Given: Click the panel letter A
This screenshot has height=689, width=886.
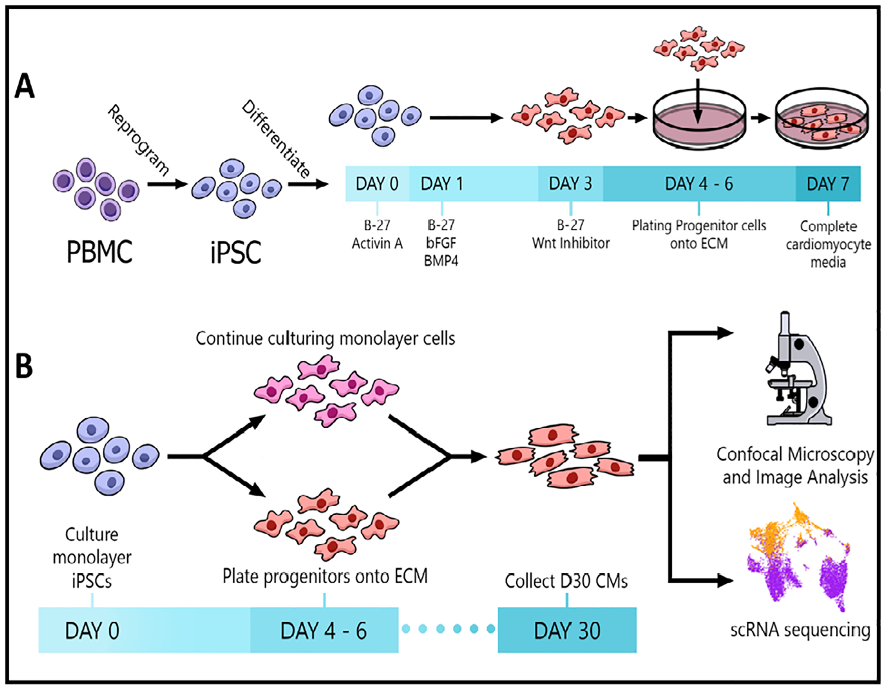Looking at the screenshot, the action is (x=25, y=86).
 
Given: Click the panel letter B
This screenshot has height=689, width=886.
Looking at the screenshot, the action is (x=24, y=366).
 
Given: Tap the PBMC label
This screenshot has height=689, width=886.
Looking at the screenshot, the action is (x=99, y=252).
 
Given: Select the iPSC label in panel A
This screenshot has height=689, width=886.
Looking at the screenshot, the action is (x=236, y=252).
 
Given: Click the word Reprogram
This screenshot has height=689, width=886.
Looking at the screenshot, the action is (x=138, y=140).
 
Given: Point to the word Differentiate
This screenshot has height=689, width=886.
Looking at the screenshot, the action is (x=276, y=139).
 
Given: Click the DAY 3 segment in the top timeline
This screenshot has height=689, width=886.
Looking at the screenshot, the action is (x=570, y=184).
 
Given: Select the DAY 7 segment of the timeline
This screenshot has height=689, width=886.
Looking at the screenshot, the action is (x=828, y=184).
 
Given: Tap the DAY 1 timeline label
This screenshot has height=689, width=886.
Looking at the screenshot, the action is (x=442, y=184).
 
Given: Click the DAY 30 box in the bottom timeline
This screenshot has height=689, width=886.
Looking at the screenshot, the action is (x=567, y=630).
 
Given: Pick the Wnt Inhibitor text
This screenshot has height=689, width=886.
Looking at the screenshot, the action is (x=570, y=243).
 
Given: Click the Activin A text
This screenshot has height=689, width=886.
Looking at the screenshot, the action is (x=377, y=243).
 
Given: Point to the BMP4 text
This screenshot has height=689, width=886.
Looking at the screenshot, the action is (x=441, y=261).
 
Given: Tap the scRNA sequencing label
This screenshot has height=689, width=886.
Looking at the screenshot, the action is (x=800, y=630).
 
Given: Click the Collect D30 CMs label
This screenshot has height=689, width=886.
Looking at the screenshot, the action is (x=566, y=581).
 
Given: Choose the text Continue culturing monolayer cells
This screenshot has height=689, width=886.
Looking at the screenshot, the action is (x=325, y=339).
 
